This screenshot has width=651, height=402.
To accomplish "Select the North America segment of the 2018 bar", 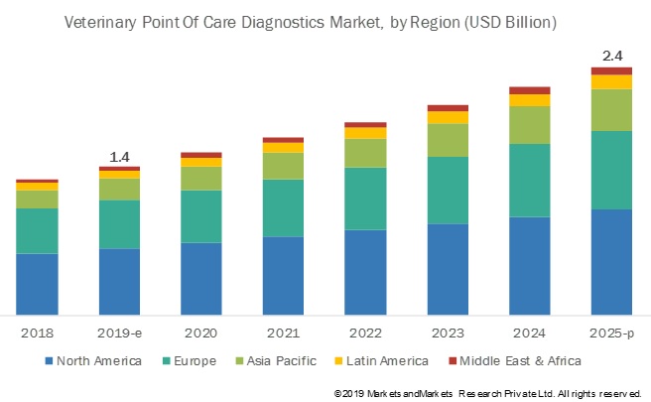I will tap(37, 284).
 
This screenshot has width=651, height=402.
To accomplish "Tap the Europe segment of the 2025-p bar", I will tap(611, 170).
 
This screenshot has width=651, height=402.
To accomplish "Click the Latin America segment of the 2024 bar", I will tap(529, 100).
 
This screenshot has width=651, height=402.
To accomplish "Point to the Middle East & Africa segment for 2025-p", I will tap(611, 70).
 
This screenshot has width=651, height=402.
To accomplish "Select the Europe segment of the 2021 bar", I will tap(283, 207).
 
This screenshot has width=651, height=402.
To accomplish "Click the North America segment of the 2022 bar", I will tap(365, 272).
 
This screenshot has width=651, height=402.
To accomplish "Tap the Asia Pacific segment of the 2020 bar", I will tap(200, 178).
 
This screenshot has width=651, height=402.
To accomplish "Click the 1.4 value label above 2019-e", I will tap(119, 157).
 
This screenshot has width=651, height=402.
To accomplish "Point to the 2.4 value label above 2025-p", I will tap(611, 57).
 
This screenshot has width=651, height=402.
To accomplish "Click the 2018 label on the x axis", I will tap(37, 334).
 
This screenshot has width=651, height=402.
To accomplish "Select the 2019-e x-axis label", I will tap(119, 334).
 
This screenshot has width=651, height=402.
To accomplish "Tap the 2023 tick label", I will tap(448, 334).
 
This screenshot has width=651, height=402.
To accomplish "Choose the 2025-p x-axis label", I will tap(611, 334).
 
